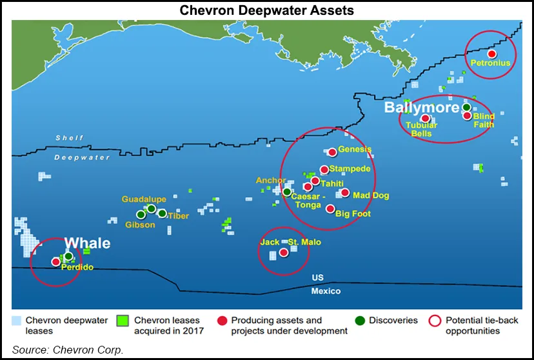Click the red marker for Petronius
coord(492,54)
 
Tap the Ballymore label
coord(421,107)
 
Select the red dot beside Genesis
coord(332,152)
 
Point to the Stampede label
coord(350,169)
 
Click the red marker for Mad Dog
coord(344,193)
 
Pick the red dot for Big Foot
coord(330,209)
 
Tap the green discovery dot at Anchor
coord(287,192)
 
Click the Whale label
coord(88,243)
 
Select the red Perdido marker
coord(55,262)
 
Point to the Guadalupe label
coord(144,199)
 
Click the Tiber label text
coord(179,216)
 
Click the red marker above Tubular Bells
coord(426,118)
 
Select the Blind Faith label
coord(484,120)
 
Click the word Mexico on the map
coord(326,291)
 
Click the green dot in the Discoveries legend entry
coord(359,320)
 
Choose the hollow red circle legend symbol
coord(435,320)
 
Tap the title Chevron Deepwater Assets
coord(267,10)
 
